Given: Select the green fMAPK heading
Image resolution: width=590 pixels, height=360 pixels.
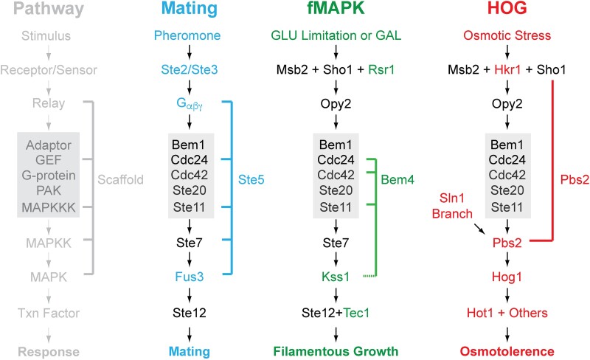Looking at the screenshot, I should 336,11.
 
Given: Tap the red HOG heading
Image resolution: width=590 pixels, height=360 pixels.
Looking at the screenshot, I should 505,11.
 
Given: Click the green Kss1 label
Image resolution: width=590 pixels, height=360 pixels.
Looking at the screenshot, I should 336,276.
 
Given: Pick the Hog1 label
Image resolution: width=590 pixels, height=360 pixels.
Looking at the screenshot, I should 505,276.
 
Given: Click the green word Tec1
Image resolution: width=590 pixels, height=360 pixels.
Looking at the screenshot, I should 355,312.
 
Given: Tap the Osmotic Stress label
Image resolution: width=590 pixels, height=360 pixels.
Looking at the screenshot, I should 505,35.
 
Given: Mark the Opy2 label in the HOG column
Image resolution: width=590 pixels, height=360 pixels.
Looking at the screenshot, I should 505,105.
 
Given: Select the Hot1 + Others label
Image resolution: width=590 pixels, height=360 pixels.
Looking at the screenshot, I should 505,312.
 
